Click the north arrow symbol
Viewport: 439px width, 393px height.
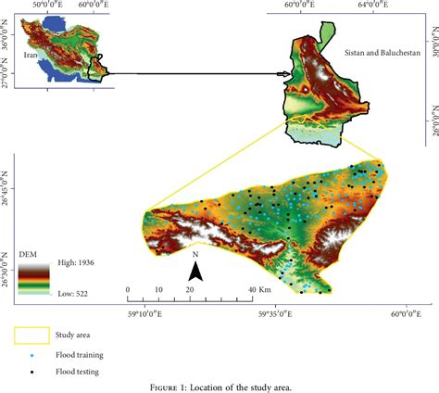195,270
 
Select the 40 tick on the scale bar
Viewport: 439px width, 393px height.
251,290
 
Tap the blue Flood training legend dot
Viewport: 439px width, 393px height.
33,355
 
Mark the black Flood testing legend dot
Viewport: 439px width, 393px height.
33,372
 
